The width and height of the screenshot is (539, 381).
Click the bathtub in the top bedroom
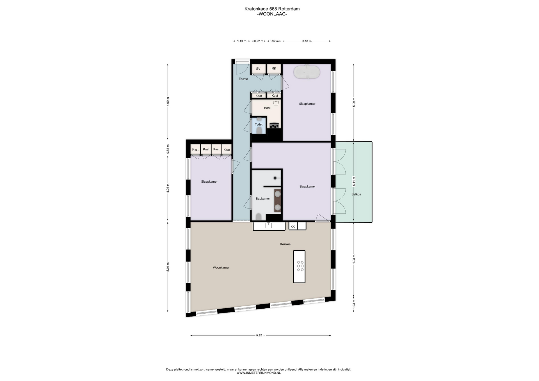(307, 72)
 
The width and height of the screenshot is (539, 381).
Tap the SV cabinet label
(258, 69)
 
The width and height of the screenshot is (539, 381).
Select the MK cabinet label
(274, 68)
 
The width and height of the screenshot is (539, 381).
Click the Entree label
(243, 79)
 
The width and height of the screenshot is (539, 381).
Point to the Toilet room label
(259, 125)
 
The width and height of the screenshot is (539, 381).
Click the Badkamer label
(263, 199)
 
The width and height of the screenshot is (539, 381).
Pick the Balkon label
(356, 194)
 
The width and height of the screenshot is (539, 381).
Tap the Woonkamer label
(221, 268)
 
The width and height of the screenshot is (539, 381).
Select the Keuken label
(285, 244)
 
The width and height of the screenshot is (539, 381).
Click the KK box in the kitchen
(293, 226)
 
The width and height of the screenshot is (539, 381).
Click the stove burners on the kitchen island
(300, 266)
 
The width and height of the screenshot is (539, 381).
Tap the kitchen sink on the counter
(269, 225)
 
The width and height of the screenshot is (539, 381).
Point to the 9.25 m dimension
(261, 335)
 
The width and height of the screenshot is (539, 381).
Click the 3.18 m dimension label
(307, 41)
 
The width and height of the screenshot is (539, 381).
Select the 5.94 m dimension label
(168, 267)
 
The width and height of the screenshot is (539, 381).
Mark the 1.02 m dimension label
(354, 304)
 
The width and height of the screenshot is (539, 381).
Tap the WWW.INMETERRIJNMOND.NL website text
(259, 373)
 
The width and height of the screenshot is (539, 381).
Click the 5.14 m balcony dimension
(354, 181)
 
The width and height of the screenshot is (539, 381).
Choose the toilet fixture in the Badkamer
(259, 217)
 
